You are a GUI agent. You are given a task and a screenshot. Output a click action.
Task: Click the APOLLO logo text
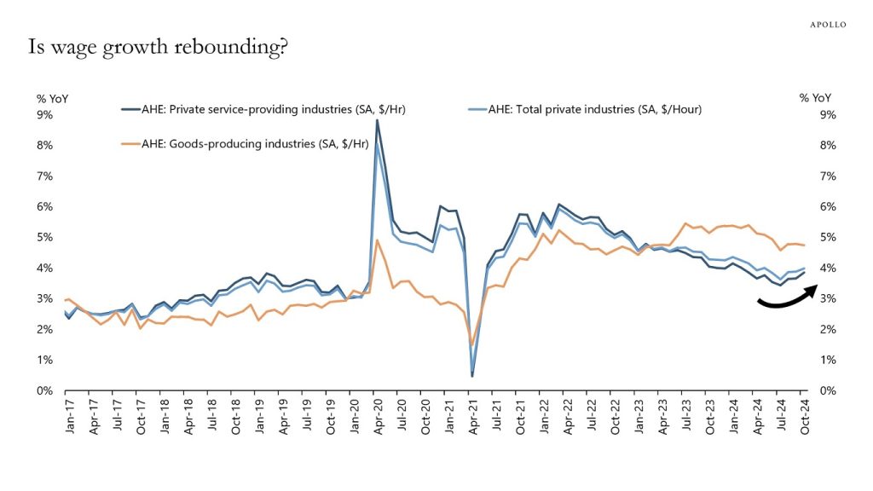(827, 25)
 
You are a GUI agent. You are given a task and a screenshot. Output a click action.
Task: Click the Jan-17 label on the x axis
(68, 418)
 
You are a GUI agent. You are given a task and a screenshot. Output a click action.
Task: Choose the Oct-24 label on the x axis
(804, 418)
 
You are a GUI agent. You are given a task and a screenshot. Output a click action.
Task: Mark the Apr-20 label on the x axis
(378, 418)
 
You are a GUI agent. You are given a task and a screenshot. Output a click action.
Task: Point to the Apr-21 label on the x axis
(472, 418)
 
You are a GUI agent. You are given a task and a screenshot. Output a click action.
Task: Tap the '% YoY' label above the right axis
(814, 98)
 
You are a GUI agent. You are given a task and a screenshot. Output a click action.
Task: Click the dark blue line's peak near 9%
(377, 120)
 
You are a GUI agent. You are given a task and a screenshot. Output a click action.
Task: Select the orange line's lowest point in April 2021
(472, 345)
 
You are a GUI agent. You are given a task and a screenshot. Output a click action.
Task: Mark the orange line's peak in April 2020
(377, 240)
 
